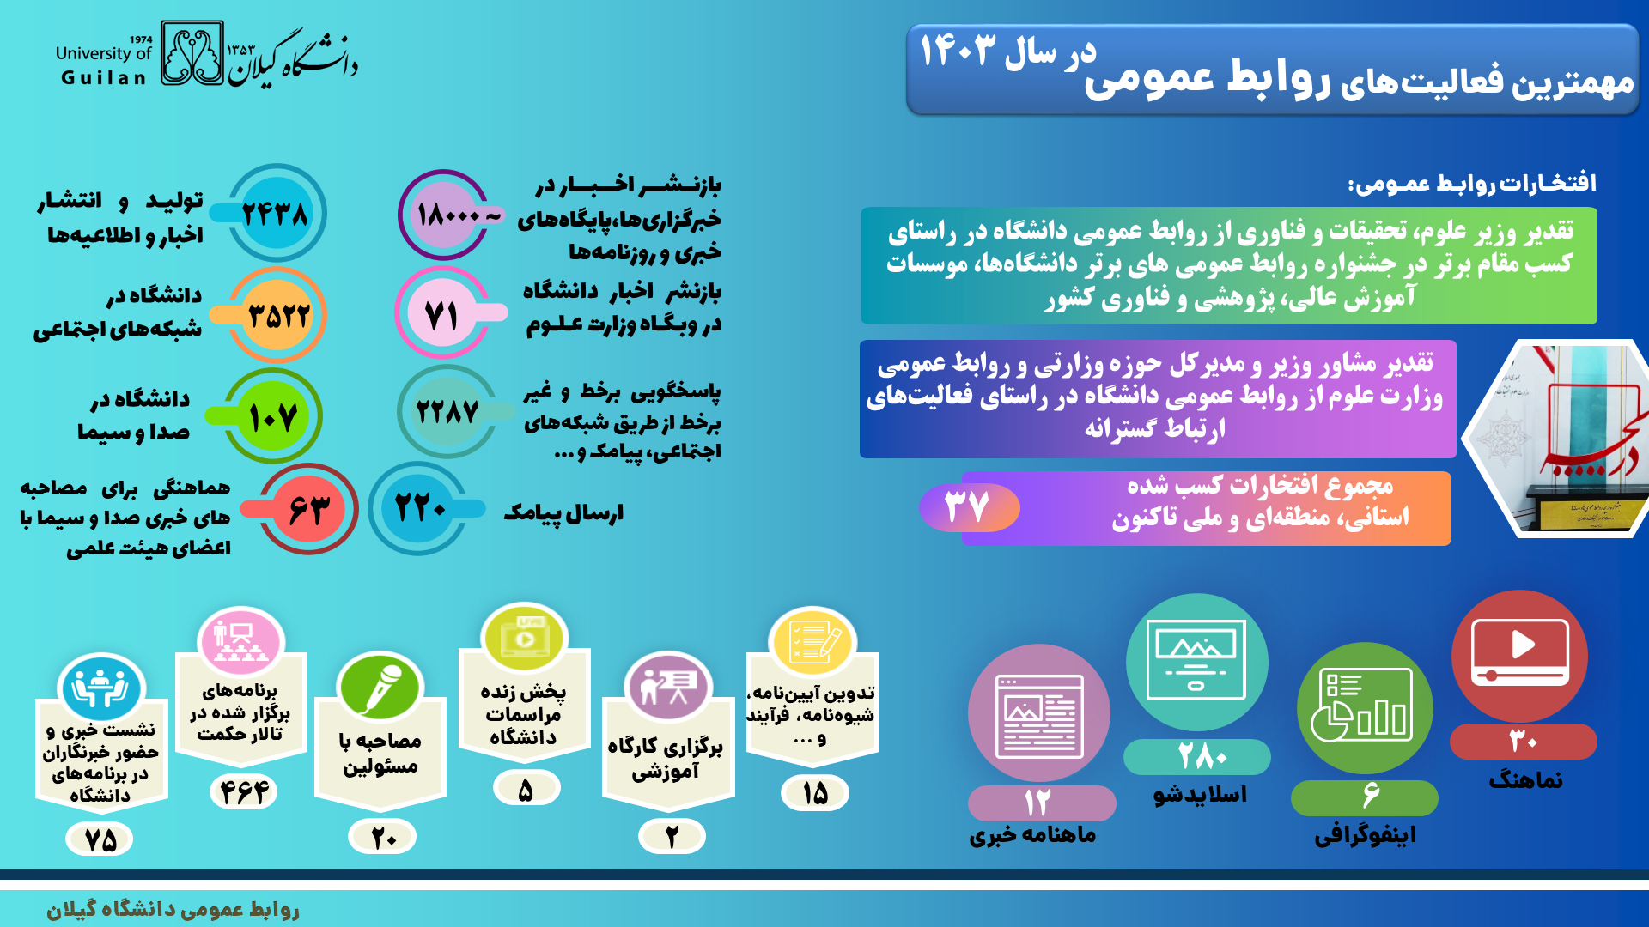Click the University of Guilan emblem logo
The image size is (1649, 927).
click(x=192, y=53)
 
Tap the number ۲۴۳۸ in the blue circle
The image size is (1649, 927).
click(x=275, y=214)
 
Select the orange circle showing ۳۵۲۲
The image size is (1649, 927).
click(x=277, y=315)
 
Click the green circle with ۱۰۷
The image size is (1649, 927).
click(x=274, y=416)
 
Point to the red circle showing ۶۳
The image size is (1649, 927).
click(x=308, y=509)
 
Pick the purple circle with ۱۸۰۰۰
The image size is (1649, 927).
click(x=444, y=215)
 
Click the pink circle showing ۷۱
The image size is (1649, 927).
click(x=442, y=312)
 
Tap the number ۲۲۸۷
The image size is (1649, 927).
click(x=447, y=412)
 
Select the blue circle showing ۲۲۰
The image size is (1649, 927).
click(x=419, y=508)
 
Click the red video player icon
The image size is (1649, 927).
click(x=1519, y=656)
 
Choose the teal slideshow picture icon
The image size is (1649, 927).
click(x=1196, y=662)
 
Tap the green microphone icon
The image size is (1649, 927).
click(x=379, y=688)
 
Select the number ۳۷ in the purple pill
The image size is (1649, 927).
click(x=967, y=506)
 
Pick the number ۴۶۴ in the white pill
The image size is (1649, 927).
click(x=244, y=791)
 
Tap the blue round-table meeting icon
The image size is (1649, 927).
click(x=100, y=688)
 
